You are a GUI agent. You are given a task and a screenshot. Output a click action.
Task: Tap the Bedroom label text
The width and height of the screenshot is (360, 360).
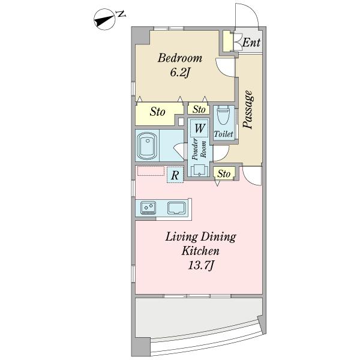click(180, 58)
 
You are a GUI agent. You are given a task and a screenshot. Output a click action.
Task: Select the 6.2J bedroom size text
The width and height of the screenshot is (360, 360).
click(180, 73)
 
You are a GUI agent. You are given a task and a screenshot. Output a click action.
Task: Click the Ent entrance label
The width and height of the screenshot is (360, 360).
click(251, 43)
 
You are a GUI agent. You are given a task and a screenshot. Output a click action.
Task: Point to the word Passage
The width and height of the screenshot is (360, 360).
click(248, 109)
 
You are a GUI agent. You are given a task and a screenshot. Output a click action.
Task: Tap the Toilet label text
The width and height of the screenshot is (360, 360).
click(223, 134)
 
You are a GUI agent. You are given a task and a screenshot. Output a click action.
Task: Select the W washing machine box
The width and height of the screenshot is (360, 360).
click(199, 128)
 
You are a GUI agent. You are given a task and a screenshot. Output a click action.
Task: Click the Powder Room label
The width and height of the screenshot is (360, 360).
click(199, 149)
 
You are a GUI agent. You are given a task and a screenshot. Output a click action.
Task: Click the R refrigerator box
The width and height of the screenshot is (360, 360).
click(175, 175)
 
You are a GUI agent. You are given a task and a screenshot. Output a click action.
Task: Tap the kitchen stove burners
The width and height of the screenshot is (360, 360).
click(148, 208)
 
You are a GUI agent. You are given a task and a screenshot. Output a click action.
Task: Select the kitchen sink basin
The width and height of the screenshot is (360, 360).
click(176, 208)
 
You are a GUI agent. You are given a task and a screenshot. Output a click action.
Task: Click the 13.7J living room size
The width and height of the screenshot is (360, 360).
click(200, 266)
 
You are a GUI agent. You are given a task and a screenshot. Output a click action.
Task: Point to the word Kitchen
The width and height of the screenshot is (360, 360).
click(200, 251)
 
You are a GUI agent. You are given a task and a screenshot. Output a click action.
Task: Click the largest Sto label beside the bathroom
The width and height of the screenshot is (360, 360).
click(157, 112)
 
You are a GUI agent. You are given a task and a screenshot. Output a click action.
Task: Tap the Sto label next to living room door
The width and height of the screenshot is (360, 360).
click(224, 174)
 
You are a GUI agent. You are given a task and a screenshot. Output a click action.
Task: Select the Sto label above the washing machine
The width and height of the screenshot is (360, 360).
click(199, 109)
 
